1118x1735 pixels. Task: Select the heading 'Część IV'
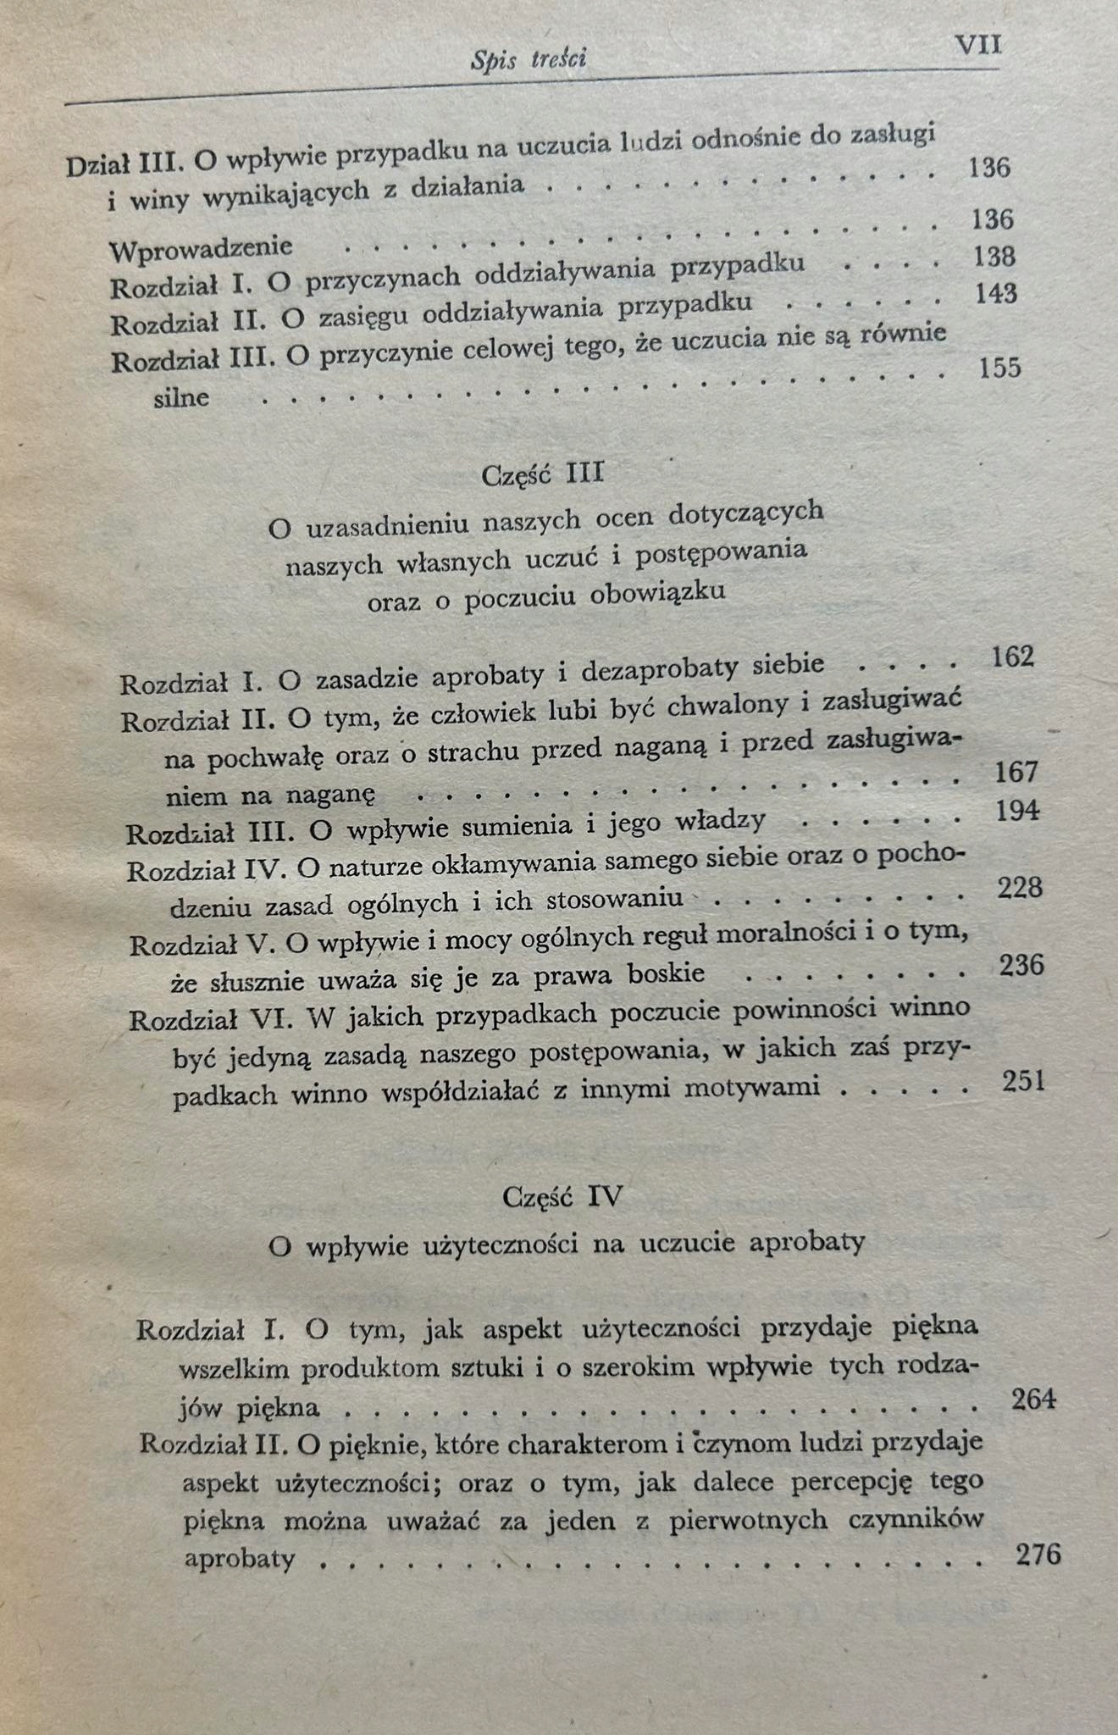(x=562, y=1197)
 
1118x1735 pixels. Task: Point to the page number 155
(x=999, y=368)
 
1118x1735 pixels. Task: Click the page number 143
(x=996, y=293)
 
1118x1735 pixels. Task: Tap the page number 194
(x=1018, y=811)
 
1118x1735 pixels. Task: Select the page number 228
(x=1020, y=887)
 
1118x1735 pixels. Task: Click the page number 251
(x=1023, y=1081)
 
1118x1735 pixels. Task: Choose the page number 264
(x=1033, y=1400)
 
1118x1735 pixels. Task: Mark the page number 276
(x=1037, y=1554)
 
